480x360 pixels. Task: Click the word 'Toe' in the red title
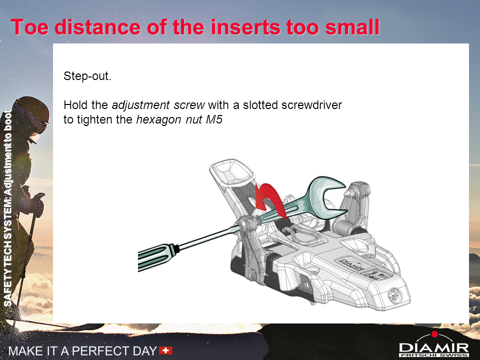pos(29,27)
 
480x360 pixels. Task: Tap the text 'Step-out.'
pos(87,76)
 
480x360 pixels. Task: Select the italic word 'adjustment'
pos(140,105)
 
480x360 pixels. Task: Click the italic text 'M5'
pos(214,119)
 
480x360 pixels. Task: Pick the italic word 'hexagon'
pos(159,120)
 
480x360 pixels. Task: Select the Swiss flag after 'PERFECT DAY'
pos(165,350)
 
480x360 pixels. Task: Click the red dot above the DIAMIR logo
pos(434,334)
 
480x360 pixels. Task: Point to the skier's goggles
pos(36,122)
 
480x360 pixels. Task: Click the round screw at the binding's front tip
pos(394,295)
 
